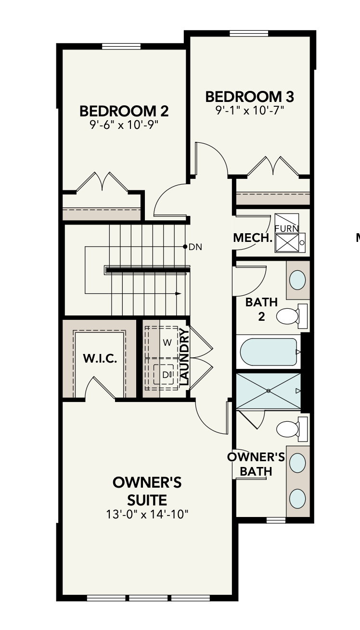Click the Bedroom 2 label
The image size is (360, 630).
(124, 111)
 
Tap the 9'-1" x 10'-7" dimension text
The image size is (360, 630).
(250, 110)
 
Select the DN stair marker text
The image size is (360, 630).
(195, 247)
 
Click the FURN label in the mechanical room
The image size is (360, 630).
(286, 228)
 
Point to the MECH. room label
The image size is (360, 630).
(253, 238)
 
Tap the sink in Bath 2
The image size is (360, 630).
(297, 280)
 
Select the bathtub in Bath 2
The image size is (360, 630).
(269, 352)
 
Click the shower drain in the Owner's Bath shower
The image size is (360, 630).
(268, 391)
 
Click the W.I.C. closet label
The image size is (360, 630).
(100, 359)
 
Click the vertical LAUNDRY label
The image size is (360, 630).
(184, 357)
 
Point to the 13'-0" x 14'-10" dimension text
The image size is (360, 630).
(147, 515)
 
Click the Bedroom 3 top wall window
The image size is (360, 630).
(249, 34)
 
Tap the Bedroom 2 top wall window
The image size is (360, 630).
(121, 46)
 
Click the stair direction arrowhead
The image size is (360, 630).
(178, 294)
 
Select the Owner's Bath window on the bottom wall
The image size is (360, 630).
(276, 520)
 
